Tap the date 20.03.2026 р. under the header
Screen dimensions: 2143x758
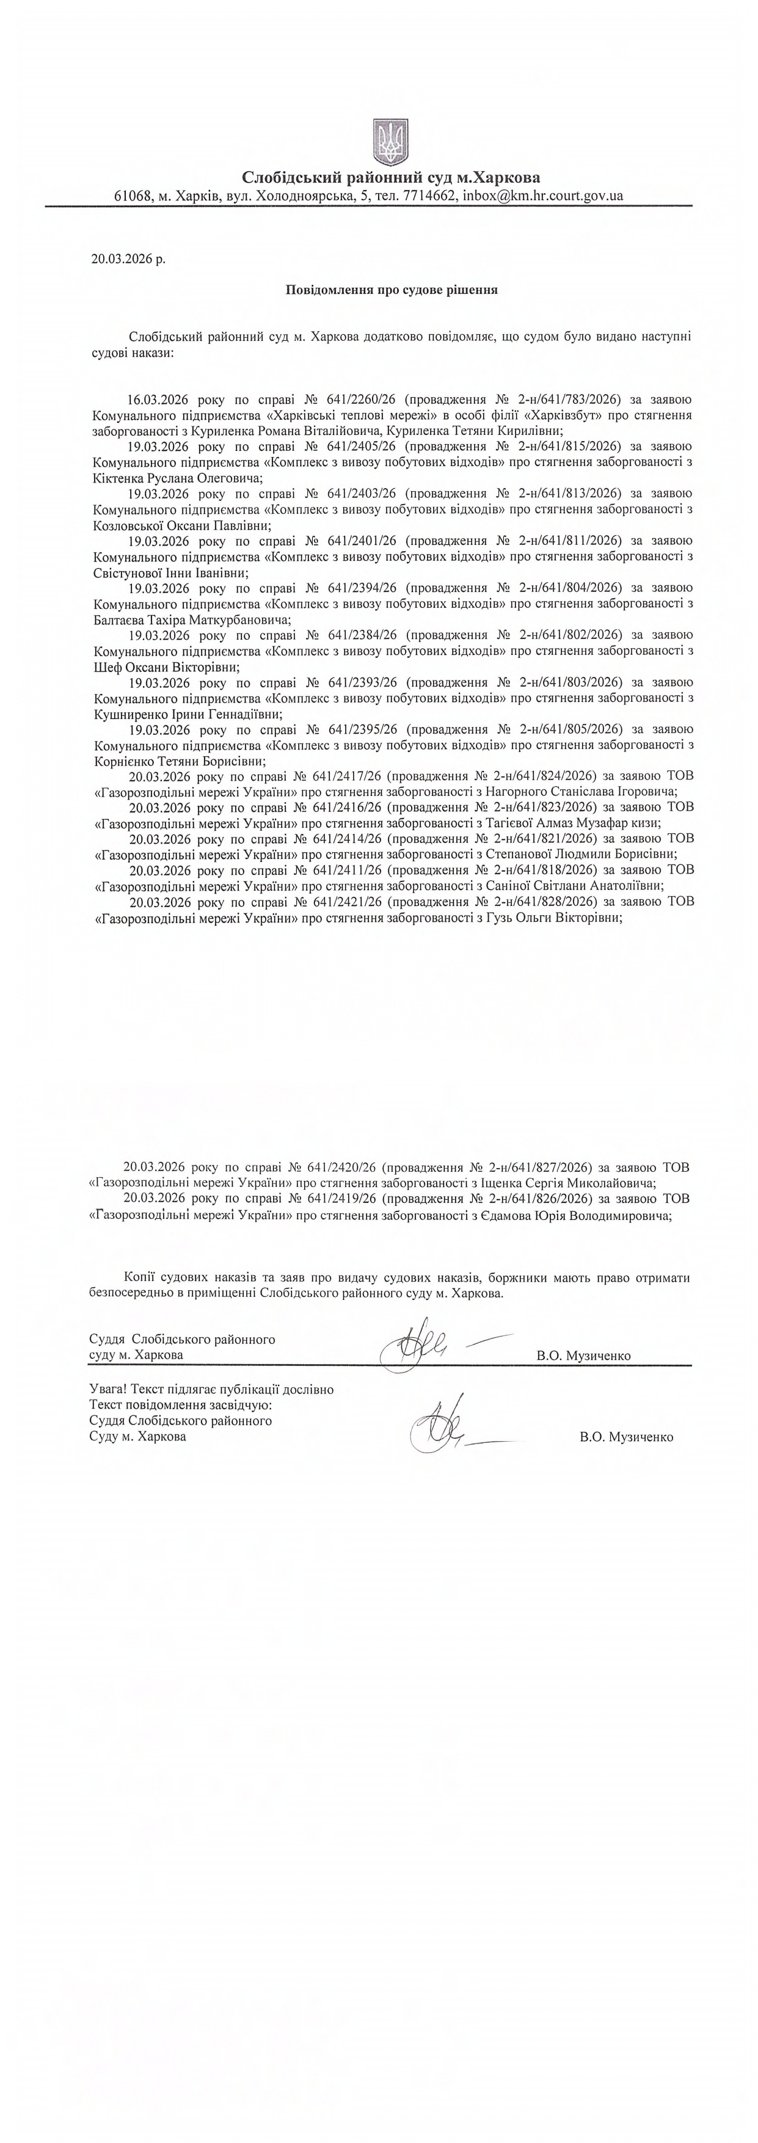click(128, 259)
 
